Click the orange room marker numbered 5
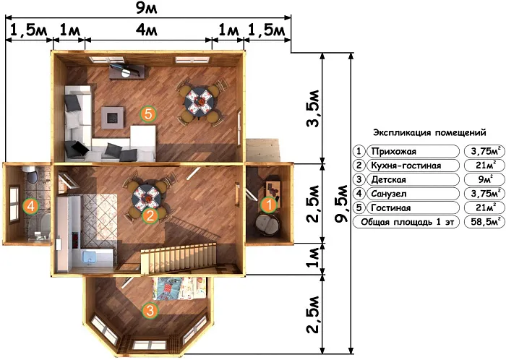click(x=148, y=113)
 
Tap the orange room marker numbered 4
click(x=31, y=206)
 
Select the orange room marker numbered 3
click(x=150, y=310)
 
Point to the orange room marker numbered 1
click(x=269, y=205)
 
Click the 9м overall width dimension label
click(x=146, y=8)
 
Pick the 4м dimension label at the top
click(x=147, y=30)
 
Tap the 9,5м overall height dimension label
click(x=341, y=204)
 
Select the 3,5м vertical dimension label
click(x=313, y=108)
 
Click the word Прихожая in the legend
click(x=394, y=151)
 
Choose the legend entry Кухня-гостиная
click(x=406, y=166)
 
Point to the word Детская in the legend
click(x=389, y=180)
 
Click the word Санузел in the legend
click(x=389, y=194)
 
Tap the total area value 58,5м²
click(x=485, y=222)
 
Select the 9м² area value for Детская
click(x=485, y=179)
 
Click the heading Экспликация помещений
click(x=429, y=132)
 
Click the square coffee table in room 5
click(x=113, y=118)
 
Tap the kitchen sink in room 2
click(x=90, y=257)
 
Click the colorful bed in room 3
click(x=179, y=288)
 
